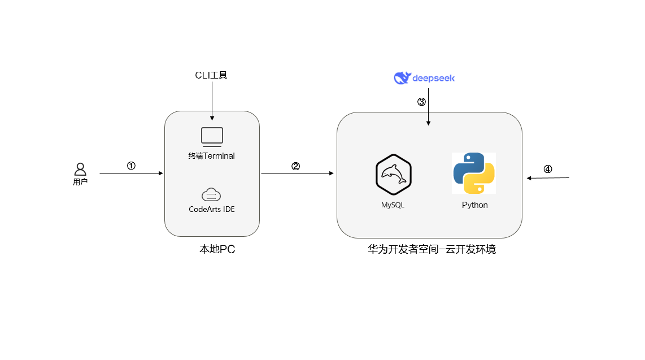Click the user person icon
point(80,169)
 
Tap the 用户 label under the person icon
point(80,183)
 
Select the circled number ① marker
point(131,166)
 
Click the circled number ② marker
point(295,166)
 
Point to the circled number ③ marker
point(421,102)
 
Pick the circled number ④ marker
point(547,169)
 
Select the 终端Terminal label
point(212,156)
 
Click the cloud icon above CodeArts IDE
point(211,195)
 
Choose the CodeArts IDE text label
point(212,209)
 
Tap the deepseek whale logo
point(402,78)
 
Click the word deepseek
point(433,78)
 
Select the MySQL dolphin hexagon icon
point(393,174)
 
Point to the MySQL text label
point(393,205)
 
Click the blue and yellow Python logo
point(474,174)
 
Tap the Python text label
point(474,205)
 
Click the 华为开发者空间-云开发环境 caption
point(432,249)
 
